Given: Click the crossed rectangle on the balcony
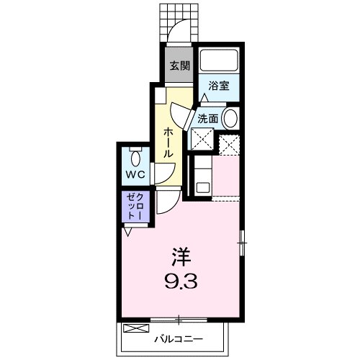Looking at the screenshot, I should point(135,328).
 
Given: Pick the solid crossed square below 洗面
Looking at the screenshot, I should point(201,140).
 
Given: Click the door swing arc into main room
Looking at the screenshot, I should point(166,204).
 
